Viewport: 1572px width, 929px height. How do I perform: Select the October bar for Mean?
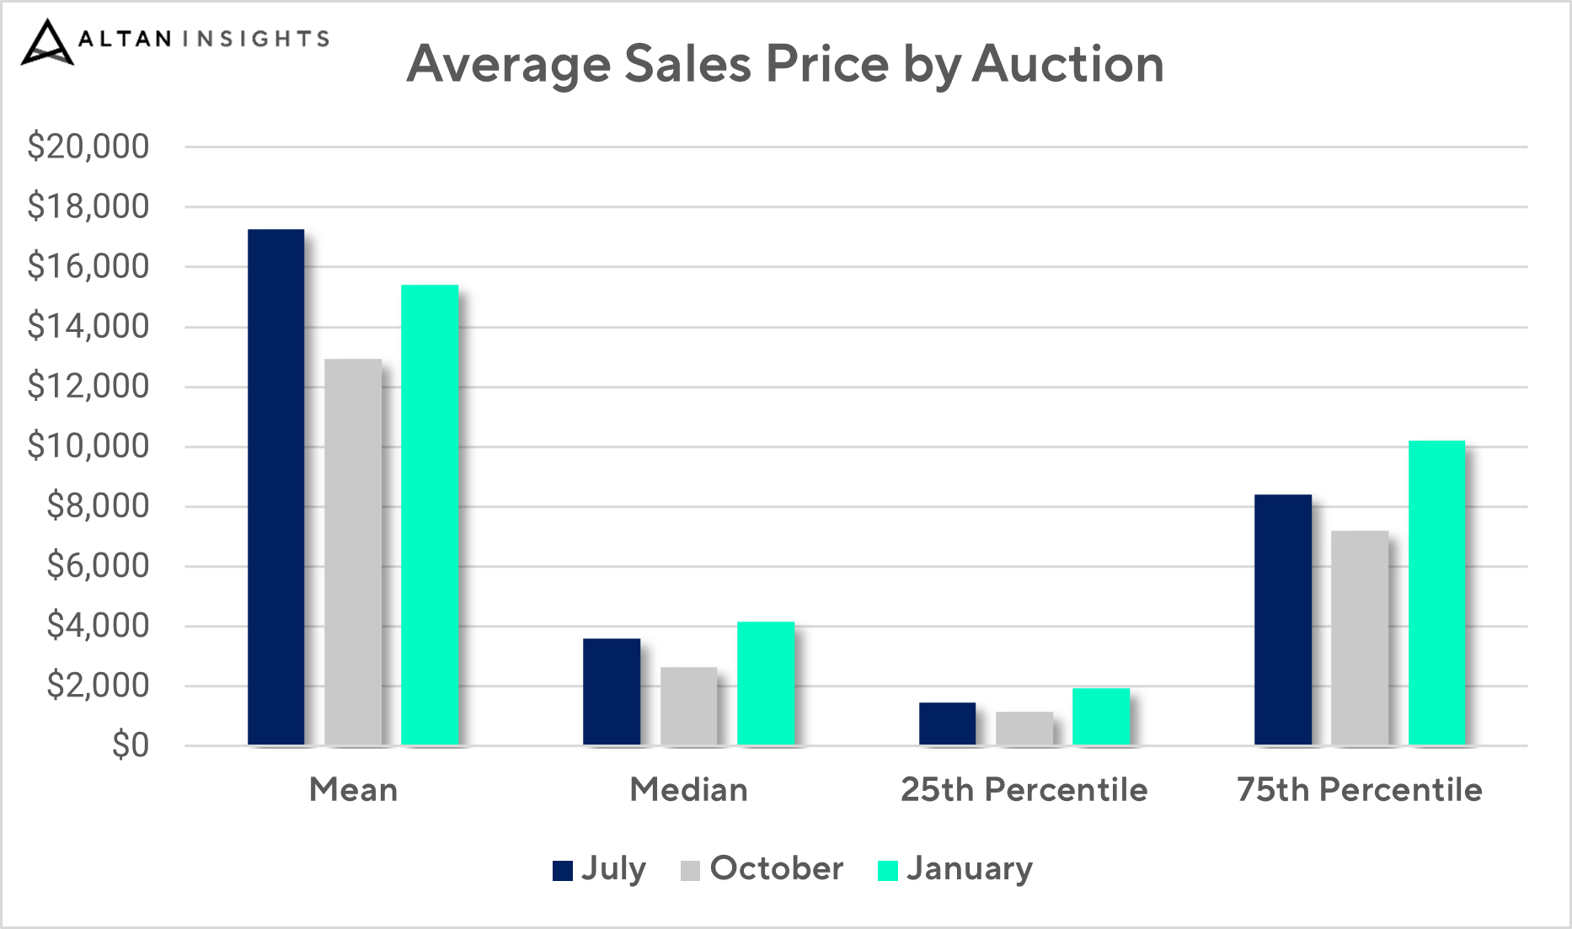[353, 553]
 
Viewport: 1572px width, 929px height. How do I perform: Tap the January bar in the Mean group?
[430, 515]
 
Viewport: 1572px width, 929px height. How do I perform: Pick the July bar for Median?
[612, 691]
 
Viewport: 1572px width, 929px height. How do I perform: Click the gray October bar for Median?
[688, 706]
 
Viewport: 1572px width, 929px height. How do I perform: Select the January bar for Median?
[766, 683]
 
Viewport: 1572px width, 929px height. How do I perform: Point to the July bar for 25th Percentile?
[947, 723]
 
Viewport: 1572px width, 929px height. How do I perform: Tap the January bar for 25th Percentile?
[1101, 717]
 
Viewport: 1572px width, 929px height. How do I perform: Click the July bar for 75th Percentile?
[1283, 620]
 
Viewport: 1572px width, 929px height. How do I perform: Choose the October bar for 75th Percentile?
[1360, 638]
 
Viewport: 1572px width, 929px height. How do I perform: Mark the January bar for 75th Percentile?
[1437, 593]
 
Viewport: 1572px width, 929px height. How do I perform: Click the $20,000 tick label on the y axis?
[88, 147]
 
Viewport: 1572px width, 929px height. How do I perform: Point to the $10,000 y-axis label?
[88, 446]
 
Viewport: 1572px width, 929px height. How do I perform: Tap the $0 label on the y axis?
[131, 745]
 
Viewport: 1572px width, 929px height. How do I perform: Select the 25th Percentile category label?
[1024, 790]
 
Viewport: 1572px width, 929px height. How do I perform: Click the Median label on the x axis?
[688, 790]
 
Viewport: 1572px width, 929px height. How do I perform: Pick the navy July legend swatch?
[563, 870]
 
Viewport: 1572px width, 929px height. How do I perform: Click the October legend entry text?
[776, 868]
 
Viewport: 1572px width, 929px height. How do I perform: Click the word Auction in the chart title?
[1067, 64]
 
